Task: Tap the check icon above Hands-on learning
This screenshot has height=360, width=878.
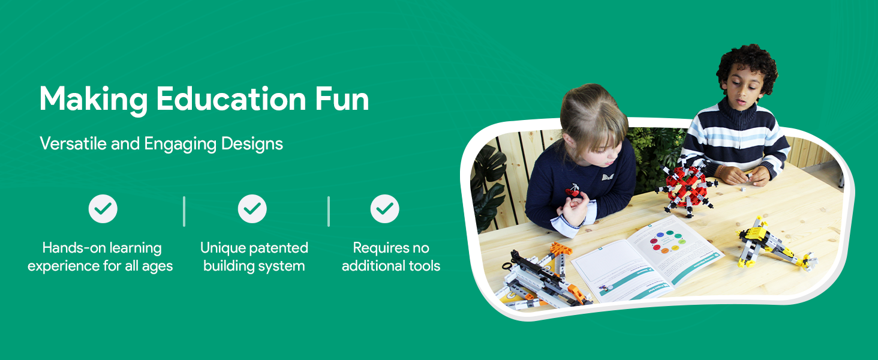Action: [103, 209]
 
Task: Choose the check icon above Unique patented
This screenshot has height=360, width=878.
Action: [252, 209]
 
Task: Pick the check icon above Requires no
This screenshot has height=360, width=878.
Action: [384, 209]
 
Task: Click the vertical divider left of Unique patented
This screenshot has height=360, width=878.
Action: [184, 211]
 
